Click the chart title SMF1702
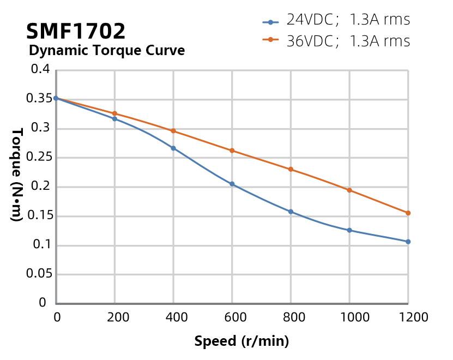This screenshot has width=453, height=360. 76,31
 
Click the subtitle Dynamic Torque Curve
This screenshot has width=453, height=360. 106,51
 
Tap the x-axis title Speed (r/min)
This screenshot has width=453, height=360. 241,341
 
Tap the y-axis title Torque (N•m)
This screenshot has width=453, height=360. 17,174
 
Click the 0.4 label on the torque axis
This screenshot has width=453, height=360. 41,70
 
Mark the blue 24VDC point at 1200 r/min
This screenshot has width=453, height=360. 408,242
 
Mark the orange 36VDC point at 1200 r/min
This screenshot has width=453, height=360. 408,213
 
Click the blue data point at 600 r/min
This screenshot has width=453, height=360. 232,184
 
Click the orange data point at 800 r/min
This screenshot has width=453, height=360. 291,169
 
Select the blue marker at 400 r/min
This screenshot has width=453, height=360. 173,148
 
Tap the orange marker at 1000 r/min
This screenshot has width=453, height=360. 349,190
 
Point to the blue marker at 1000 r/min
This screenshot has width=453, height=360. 349,230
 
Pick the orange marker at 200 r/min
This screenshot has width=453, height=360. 114,113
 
